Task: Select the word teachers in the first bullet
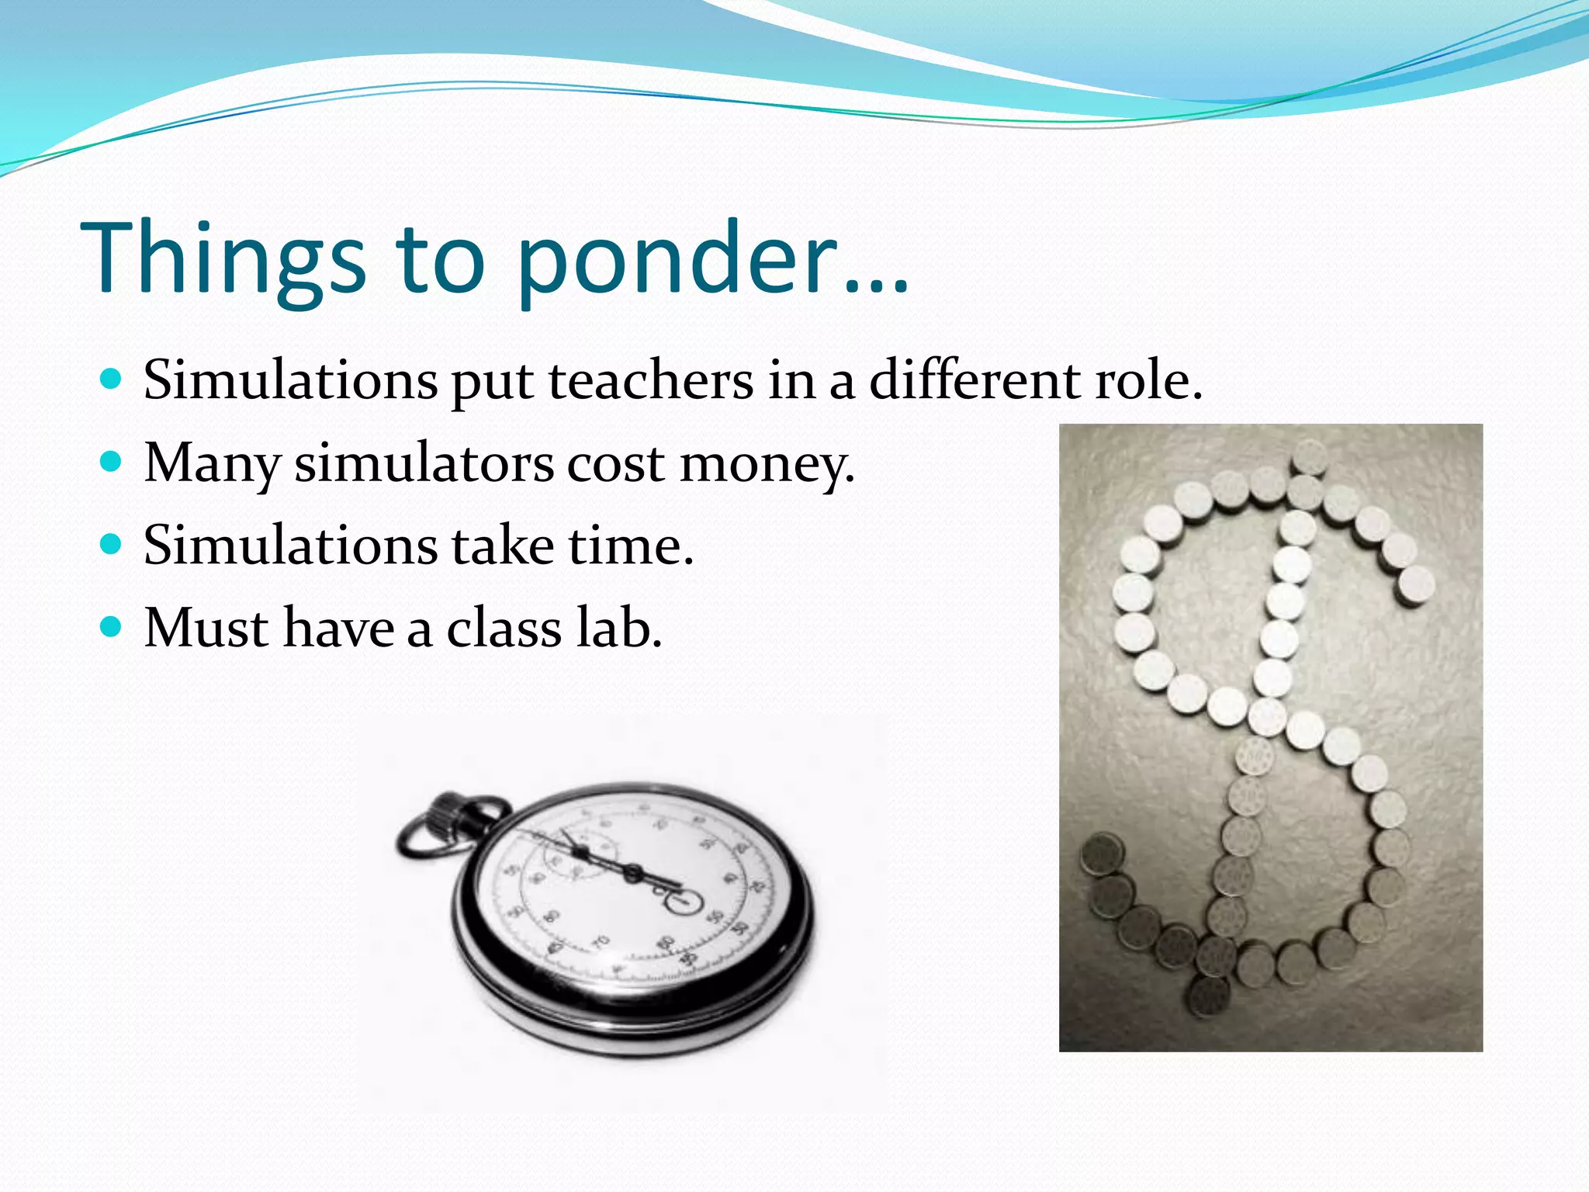(x=651, y=381)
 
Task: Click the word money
(x=767, y=465)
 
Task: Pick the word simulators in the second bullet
(x=424, y=463)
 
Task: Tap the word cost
(x=615, y=465)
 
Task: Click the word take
(x=503, y=546)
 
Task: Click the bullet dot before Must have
(x=112, y=626)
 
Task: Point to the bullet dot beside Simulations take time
(x=112, y=544)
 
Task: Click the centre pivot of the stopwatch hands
(x=632, y=875)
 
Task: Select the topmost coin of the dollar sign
(x=1310, y=456)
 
